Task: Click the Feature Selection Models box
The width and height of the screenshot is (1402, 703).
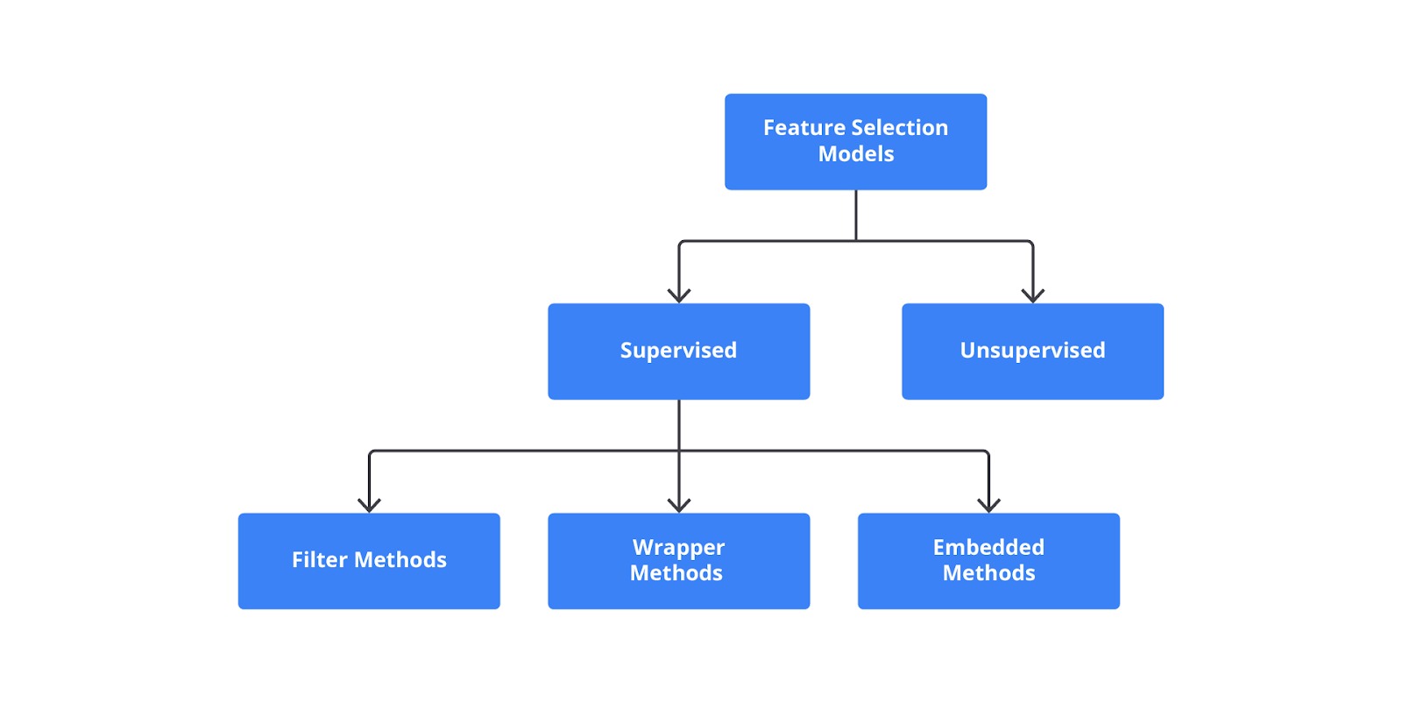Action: point(855,141)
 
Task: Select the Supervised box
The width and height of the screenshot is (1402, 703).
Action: point(678,351)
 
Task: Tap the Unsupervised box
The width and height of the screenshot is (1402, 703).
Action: point(1033,351)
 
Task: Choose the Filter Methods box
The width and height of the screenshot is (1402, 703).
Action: point(369,561)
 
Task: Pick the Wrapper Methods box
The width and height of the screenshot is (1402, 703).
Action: point(678,561)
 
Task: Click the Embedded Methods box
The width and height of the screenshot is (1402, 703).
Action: point(988,561)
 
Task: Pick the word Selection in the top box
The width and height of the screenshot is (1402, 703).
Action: point(899,128)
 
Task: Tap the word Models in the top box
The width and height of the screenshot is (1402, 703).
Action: point(855,154)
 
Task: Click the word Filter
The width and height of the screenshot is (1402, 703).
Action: point(319,559)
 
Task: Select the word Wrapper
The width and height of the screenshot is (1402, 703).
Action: point(678,548)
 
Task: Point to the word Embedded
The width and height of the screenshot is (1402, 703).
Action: point(988,548)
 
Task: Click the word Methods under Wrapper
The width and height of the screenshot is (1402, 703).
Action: point(676,573)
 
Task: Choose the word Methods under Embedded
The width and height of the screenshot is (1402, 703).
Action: point(989,573)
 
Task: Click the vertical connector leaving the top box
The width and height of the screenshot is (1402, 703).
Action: point(855,216)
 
